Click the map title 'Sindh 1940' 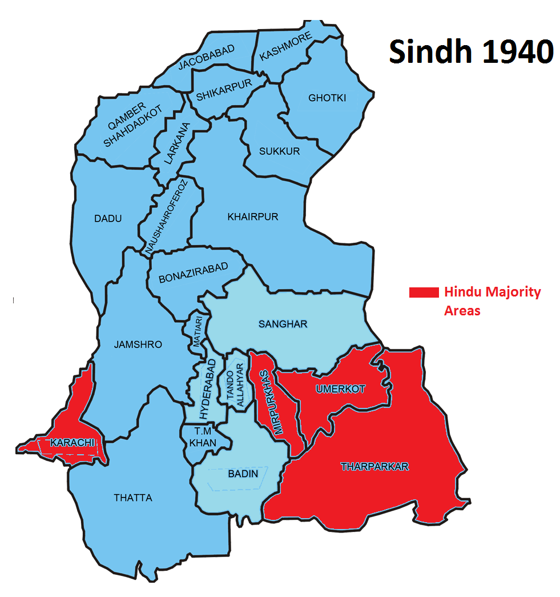pos(471,53)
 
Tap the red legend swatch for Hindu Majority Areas pos(423,293)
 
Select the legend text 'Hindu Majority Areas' pos(492,301)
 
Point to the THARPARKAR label pos(374,467)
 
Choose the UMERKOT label pos(340,389)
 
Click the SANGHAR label pos(283,324)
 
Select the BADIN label pos(243,474)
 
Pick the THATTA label pos(133,498)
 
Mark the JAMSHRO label pos(138,344)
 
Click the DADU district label pos(108,218)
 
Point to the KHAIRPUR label pos(253,217)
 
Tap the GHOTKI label pos(327,98)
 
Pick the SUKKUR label pos(279,151)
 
